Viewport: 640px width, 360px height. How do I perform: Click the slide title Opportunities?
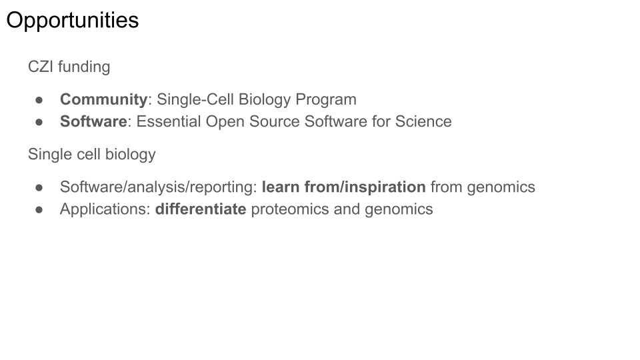point(73,21)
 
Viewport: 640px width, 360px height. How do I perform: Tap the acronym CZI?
point(41,67)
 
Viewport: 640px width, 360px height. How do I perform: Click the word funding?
point(84,67)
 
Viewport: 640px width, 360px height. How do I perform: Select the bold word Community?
point(104,100)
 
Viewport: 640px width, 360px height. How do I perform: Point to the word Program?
point(326,100)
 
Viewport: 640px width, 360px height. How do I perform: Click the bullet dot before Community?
point(39,100)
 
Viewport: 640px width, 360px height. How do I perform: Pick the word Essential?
point(169,121)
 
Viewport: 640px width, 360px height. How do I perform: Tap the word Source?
point(275,121)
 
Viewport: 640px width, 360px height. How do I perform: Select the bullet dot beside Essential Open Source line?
point(39,122)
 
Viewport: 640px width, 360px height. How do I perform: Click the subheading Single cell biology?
point(92,155)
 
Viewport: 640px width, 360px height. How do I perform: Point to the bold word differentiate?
point(201,209)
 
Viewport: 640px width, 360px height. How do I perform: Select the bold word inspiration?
point(385,187)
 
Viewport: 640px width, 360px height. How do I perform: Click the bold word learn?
point(281,187)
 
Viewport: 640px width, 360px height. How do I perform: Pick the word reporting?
point(223,187)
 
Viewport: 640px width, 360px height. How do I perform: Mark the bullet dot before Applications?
point(39,209)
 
